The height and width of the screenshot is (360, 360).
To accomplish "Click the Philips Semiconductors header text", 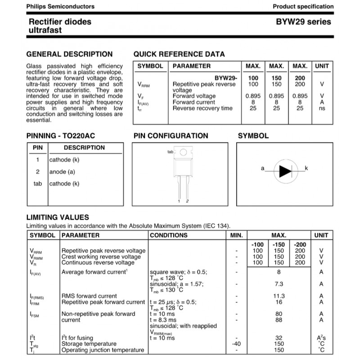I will pyautogui.click(x=61, y=7).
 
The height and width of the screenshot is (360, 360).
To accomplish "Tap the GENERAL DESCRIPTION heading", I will pyautogui.click(x=70, y=54).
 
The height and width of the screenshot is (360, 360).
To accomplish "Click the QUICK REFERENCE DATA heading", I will pyautogui.click(x=179, y=54).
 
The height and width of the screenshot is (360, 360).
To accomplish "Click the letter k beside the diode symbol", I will pyautogui.click(x=306, y=168).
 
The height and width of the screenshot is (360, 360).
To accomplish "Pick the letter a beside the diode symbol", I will pyautogui.click(x=262, y=168).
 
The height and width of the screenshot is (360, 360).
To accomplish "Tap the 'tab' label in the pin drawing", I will pyautogui.click(x=170, y=152).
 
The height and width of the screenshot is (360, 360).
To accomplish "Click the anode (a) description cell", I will pyautogui.click(x=62, y=171).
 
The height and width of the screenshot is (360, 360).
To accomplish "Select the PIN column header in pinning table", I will pyautogui.click(x=37, y=148).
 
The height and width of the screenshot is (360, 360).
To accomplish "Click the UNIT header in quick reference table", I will pyautogui.click(x=322, y=66).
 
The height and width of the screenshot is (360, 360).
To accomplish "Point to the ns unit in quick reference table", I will pyautogui.click(x=322, y=108).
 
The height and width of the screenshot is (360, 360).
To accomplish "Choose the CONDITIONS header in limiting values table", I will pyautogui.click(x=169, y=235).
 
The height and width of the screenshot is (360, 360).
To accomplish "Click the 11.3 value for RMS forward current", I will pyautogui.click(x=279, y=296).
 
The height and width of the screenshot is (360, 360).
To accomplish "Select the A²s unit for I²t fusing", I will pyautogui.click(x=321, y=338).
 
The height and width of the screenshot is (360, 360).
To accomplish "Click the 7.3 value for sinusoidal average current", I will pyautogui.click(x=279, y=284).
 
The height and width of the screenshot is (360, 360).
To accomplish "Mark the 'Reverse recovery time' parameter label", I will pyautogui.click(x=202, y=108).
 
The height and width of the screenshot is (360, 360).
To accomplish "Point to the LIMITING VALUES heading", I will pyautogui.click(x=58, y=217).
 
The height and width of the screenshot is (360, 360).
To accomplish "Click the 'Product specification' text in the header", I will pyautogui.click(x=303, y=7).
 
